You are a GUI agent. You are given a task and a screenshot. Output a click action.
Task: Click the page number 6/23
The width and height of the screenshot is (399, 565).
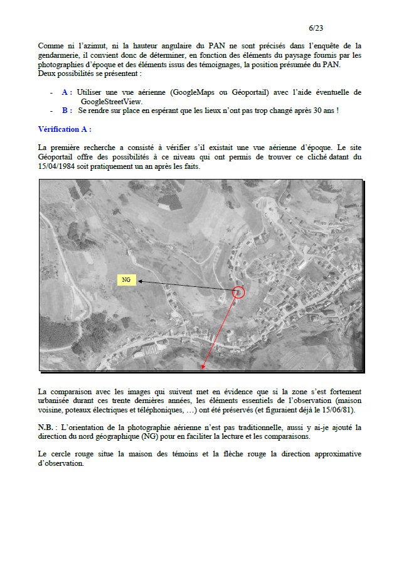316,28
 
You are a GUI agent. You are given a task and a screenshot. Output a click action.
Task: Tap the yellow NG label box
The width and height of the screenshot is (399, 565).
126,280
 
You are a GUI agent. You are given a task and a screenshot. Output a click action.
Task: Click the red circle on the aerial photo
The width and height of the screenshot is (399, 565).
238,291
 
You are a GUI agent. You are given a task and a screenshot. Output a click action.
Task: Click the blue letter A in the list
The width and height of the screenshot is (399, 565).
66,92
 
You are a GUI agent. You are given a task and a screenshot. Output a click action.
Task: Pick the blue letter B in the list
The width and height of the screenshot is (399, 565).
66,110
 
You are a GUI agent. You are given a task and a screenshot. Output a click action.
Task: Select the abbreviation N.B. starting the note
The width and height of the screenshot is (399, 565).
47,428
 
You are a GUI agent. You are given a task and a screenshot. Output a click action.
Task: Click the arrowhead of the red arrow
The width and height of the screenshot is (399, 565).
203,366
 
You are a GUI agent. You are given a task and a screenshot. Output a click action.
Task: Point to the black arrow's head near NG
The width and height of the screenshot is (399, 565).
140,282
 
